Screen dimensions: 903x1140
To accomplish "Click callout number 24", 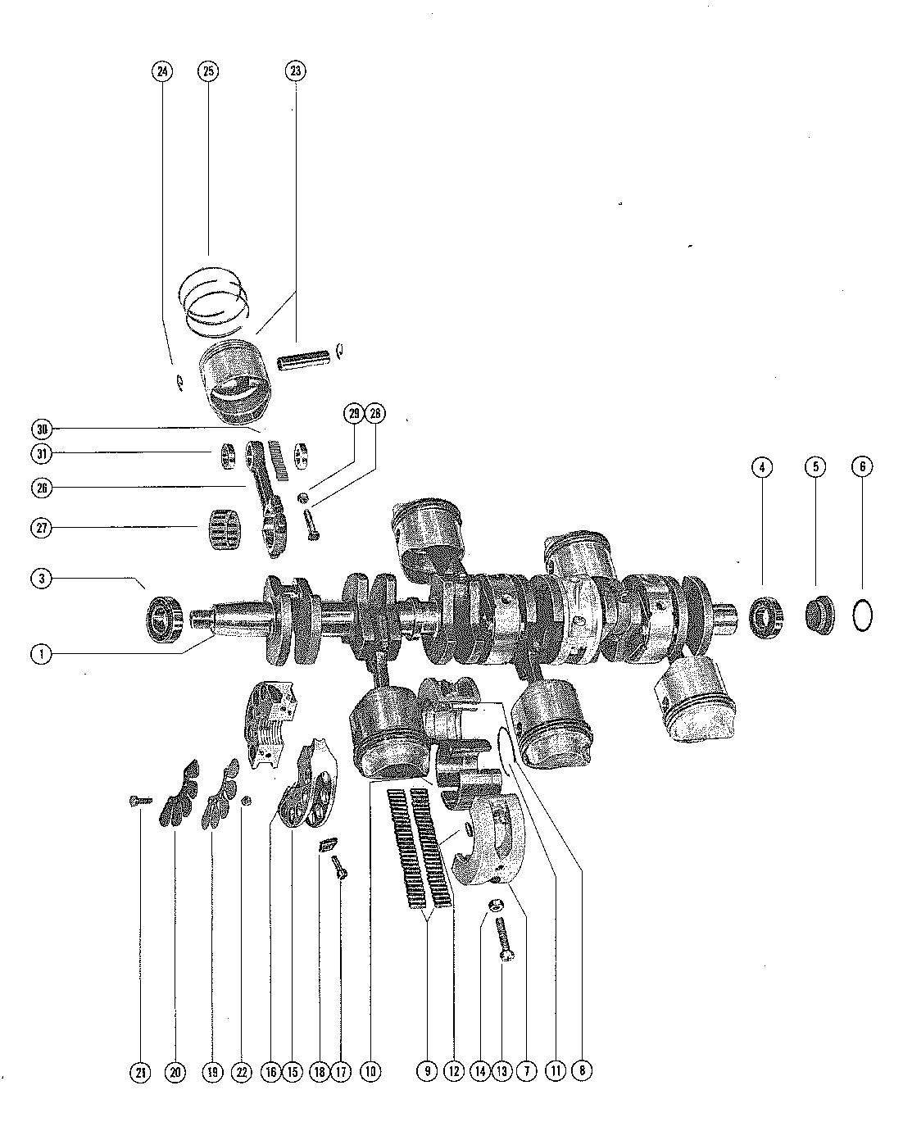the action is pos(162,71).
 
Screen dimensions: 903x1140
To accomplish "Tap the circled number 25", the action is pos(208,71).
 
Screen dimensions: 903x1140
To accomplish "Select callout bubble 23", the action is pos(295,71).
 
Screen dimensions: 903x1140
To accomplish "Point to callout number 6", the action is pos(861,466).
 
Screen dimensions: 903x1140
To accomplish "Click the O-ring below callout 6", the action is pos(862,614).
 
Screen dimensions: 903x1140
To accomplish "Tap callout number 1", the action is pos(41,654).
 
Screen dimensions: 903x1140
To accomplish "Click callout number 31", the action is pos(41,453).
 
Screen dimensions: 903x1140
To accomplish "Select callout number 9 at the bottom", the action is pos(426,1071).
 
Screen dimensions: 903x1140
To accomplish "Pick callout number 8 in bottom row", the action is pos(581,1071).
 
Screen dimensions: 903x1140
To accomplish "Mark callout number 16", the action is pos(271,1071).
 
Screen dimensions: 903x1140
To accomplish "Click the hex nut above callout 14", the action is pos(494,906).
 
